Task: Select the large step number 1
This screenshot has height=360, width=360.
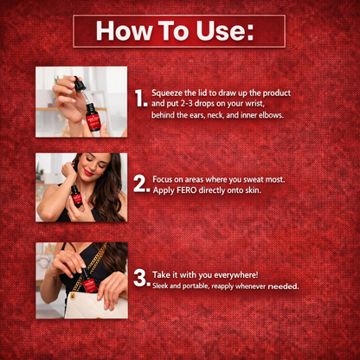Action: pyautogui.click(x=141, y=98)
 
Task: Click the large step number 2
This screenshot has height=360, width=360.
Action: pyautogui.click(x=141, y=183)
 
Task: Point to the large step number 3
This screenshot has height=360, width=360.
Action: pyautogui.click(x=142, y=279)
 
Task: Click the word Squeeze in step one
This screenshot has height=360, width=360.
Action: pyautogui.click(x=167, y=93)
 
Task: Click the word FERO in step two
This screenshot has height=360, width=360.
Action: pyautogui.click(x=188, y=190)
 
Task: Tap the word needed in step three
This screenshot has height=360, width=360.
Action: pyautogui.click(x=283, y=286)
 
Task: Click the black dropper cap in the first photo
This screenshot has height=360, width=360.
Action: pyautogui.click(x=78, y=84)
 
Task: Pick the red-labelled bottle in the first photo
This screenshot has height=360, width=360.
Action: pyautogui.click(x=93, y=117)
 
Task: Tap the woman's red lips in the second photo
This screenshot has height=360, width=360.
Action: pyautogui.click(x=88, y=172)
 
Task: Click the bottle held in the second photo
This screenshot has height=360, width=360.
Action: pyautogui.click(x=76, y=196)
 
